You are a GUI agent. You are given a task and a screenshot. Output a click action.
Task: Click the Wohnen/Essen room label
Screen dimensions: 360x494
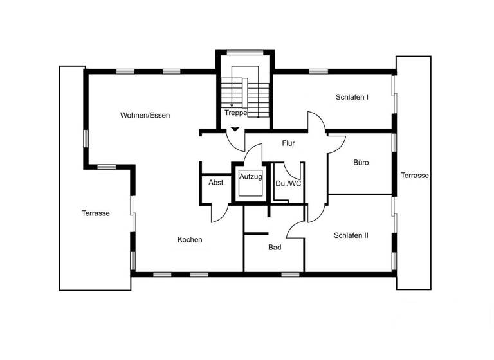[x=145, y=115]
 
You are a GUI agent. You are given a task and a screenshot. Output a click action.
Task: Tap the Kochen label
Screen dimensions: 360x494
[x=190, y=240]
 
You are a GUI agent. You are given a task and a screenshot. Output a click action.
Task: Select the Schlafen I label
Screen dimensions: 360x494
[x=352, y=98]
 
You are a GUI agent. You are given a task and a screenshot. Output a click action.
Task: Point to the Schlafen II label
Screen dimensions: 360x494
[x=351, y=235]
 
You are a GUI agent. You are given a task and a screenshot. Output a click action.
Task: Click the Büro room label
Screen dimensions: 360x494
[x=361, y=163]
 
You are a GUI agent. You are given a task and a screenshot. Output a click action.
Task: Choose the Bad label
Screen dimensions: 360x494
[x=275, y=247]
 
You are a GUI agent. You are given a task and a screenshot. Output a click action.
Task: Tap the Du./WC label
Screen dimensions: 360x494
[x=288, y=183]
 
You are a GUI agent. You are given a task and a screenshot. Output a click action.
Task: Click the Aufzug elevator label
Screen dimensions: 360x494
[x=250, y=176]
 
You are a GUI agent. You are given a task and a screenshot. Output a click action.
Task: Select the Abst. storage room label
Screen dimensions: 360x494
[x=217, y=183]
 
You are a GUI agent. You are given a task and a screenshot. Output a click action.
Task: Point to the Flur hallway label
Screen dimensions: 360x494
[x=288, y=143]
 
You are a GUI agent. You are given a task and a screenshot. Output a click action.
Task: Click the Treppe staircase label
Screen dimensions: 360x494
[x=236, y=113]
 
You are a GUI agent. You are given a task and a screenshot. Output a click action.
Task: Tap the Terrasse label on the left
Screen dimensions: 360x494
[x=95, y=213]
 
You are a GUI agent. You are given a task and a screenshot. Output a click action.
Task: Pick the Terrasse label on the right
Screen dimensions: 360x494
[x=415, y=175]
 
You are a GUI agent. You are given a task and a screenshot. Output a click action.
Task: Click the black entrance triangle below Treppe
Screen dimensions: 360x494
[x=235, y=129]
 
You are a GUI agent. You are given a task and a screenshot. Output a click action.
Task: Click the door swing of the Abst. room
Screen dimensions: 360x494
[x=219, y=211]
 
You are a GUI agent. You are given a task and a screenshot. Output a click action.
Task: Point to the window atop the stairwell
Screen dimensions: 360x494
[x=244, y=51]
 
